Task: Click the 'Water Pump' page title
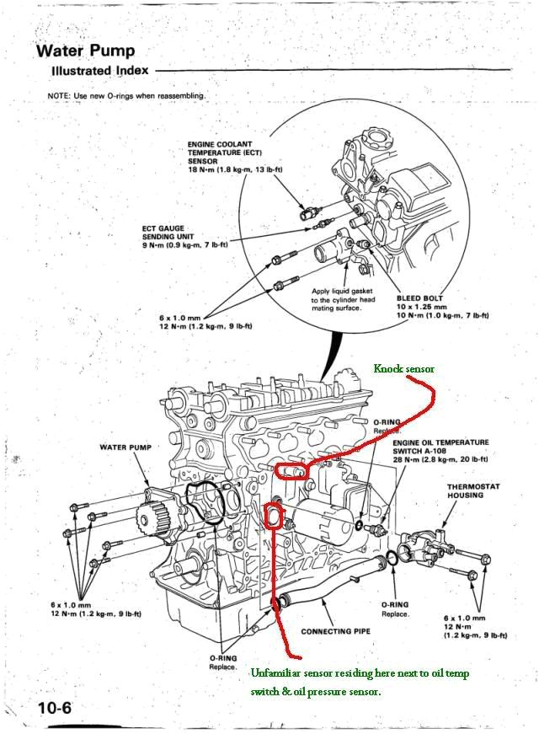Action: coord(84,51)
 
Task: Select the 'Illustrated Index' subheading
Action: coord(99,72)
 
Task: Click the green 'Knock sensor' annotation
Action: coord(403,368)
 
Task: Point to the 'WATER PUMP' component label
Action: coord(125,447)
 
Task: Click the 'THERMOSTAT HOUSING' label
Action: coord(465,490)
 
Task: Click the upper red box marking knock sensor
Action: coord(291,470)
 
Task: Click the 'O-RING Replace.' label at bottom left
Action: coord(223,662)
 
